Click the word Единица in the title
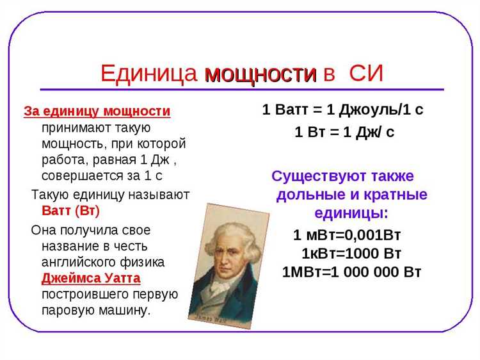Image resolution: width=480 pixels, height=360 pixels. tap(148, 74)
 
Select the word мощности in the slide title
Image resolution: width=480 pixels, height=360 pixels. tap(260, 74)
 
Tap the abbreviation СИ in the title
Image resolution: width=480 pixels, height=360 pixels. tap(365, 74)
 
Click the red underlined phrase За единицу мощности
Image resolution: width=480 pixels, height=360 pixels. tap(97, 111)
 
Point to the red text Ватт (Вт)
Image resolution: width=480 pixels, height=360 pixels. tap(70, 210)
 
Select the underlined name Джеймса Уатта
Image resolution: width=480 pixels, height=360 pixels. tap(91, 279)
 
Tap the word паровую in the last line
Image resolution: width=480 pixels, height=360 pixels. tap(68, 311)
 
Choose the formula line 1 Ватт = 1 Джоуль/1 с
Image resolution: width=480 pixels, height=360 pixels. tap(343, 110)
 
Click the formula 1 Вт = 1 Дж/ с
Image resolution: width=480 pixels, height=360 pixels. tap(344, 133)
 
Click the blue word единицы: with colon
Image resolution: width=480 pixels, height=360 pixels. tap(351, 212)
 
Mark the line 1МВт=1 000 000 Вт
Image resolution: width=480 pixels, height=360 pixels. tap(351, 271)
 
